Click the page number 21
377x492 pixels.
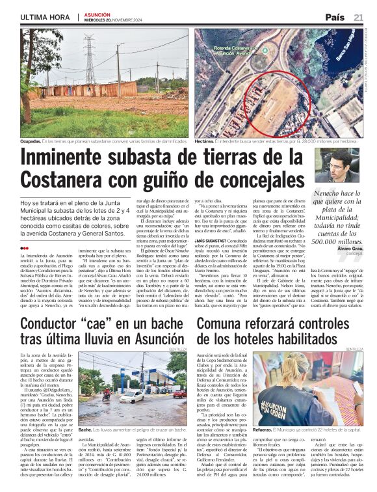(358, 17)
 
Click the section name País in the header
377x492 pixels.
(335, 17)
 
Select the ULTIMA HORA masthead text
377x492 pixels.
(45, 17)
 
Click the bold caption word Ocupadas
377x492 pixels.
(30, 141)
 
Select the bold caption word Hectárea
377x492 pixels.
(204, 141)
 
